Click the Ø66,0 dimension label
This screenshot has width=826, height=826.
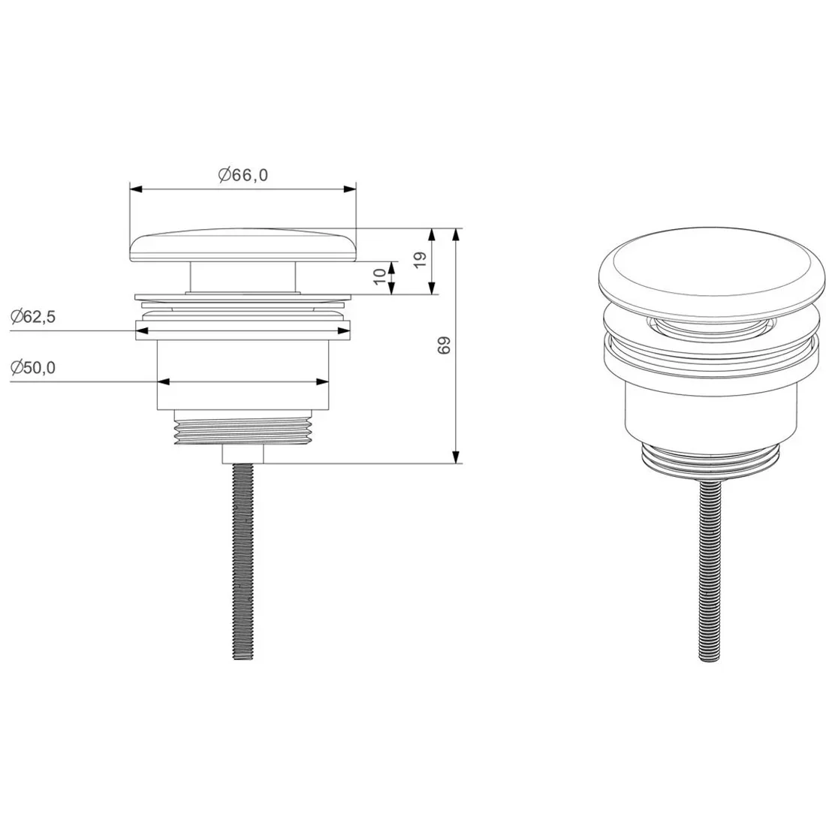tap(243, 174)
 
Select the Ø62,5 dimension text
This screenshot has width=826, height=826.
tap(32, 317)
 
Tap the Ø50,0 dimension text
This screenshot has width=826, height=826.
tap(32, 367)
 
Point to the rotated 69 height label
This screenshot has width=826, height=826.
tap(445, 345)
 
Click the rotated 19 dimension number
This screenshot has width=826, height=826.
tap(420, 259)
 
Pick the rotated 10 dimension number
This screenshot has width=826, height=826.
tap(379, 276)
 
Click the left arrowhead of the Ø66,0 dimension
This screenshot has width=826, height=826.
tap(137, 189)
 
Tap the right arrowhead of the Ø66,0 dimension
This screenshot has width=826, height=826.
tap(349, 189)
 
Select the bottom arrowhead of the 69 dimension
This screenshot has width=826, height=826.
tap(457, 457)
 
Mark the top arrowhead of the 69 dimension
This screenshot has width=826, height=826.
tap(457, 236)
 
